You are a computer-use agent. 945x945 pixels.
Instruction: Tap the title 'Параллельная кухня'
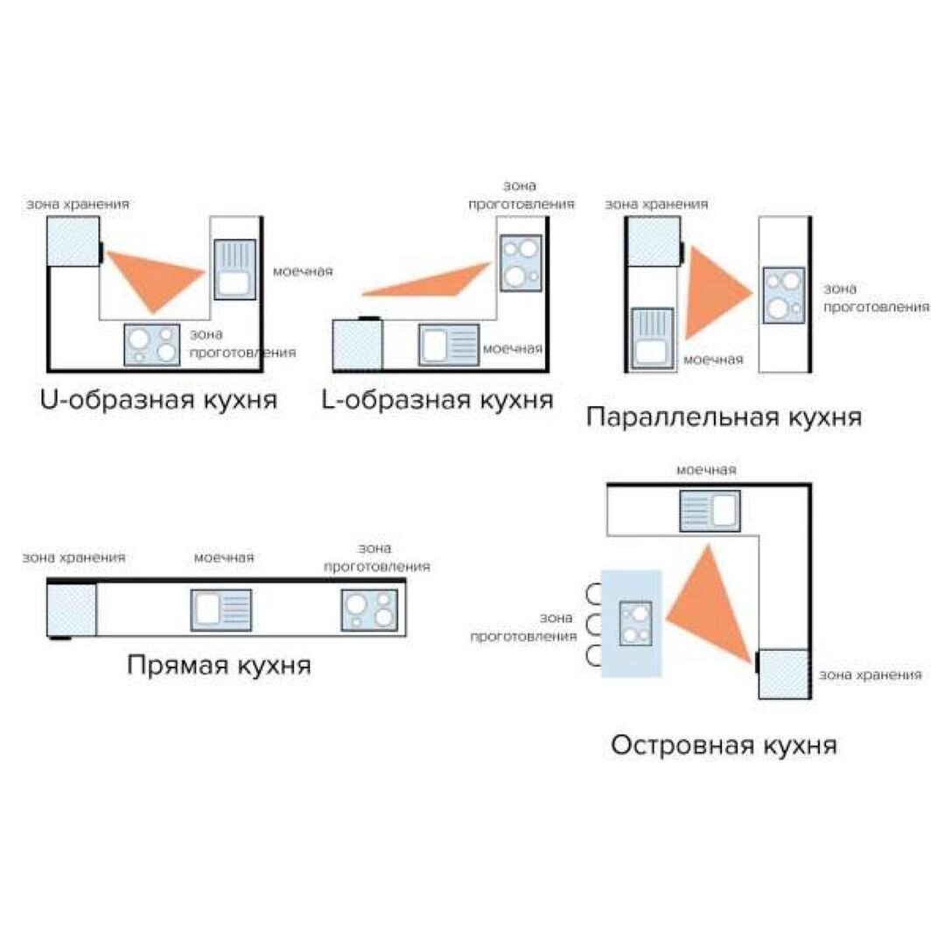pyautogui.click(x=724, y=416)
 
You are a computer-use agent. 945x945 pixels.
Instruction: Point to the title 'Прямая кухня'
pyautogui.click(x=219, y=665)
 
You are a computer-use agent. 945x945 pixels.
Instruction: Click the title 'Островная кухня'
pyautogui.click(x=724, y=746)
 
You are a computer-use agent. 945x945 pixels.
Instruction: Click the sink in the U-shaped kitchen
pyautogui.click(x=234, y=269)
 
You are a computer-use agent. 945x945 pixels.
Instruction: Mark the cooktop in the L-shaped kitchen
pyautogui.click(x=521, y=263)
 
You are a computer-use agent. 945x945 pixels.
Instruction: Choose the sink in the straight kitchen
pyautogui.click(x=221, y=610)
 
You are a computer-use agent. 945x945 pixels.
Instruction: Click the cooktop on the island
pyautogui.click(x=635, y=623)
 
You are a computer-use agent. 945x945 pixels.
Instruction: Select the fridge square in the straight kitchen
pyautogui.click(x=71, y=610)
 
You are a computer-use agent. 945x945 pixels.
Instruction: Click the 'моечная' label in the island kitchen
pyautogui.click(x=706, y=470)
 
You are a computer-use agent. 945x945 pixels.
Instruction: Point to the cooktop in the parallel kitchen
pyautogui.click(x=783, y=296)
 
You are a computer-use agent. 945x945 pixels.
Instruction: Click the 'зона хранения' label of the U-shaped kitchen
pyautogui.click(x=78, y=204)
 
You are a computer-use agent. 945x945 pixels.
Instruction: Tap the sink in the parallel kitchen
pyautogui.click(x=652, y=338)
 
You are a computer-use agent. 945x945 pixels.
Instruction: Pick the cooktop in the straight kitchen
pyautogui.click(x=369, y=610)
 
